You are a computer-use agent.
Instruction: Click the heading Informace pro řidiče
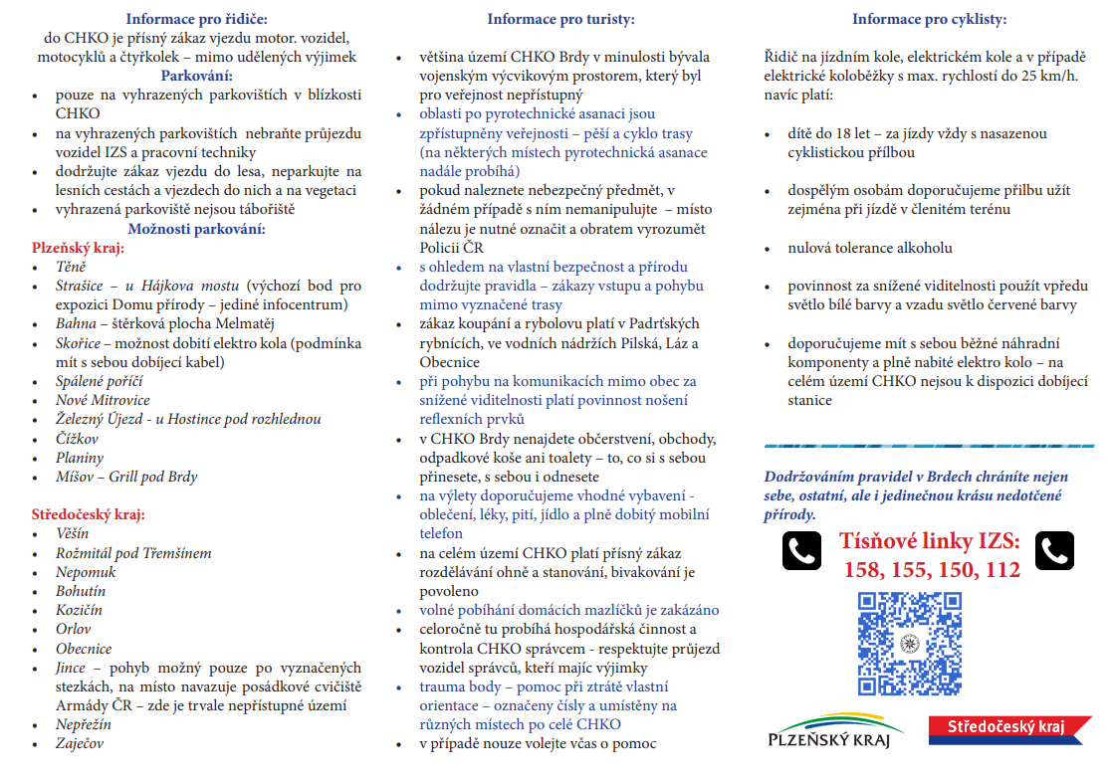coord(197,19)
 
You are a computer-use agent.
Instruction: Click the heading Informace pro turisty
coord(560,19)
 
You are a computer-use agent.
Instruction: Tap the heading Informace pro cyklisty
coord(930,19)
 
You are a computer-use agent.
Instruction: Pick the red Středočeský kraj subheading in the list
coord(88,514)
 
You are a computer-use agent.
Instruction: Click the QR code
coord(910,644)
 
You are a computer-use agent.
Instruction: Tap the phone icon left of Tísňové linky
coord(801,550)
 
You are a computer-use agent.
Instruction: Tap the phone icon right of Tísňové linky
coord(1055,550)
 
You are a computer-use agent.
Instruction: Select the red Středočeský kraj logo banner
coord(1004,728)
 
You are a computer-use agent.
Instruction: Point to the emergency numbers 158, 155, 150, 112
coord(932,570)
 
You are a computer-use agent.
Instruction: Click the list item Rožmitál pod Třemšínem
coord(133,553)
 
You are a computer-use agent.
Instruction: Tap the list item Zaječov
coord(80,743)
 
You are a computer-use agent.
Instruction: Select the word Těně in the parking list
coord(71,267)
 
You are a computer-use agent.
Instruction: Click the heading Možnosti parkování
coord(197,229)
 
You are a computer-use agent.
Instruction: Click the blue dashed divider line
coord(928,445)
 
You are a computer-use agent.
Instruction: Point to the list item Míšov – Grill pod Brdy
coord(126,477)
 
